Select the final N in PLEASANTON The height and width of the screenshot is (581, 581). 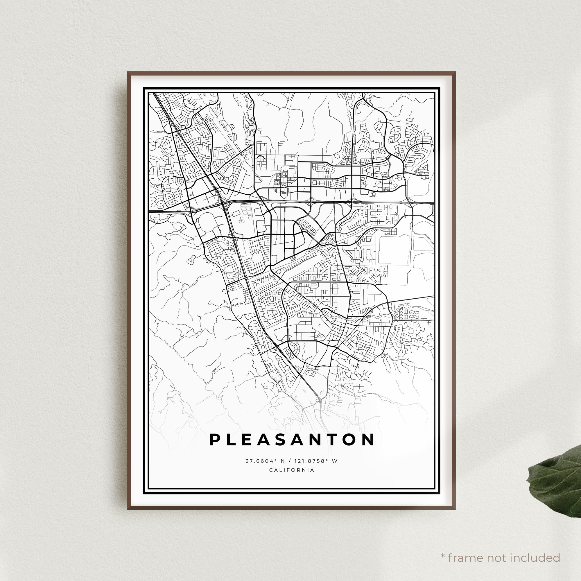(x=368, y=440)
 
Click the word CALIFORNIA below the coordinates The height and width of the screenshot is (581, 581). (x=292, y=470)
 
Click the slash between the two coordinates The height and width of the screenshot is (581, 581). (x=292, y=461)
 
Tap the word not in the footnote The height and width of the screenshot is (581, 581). (x=496, y=549)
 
